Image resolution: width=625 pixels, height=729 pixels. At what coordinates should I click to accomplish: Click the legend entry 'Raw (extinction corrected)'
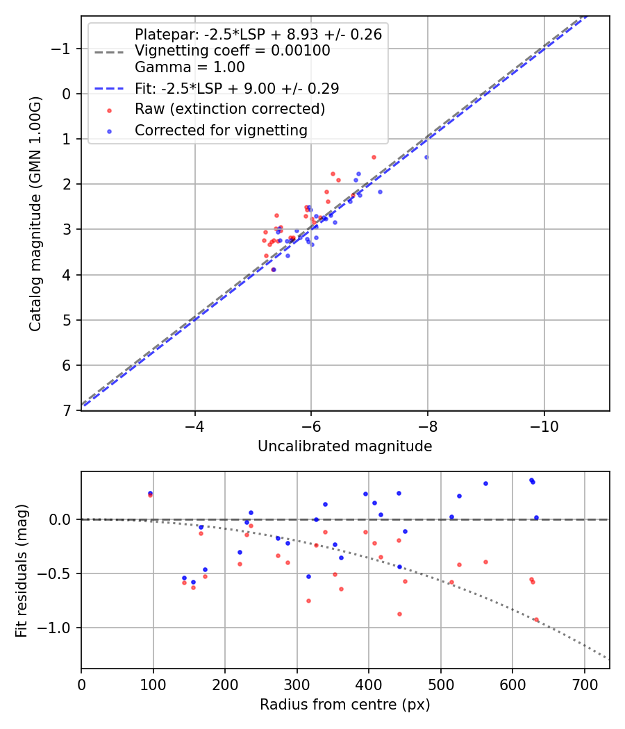[229, 109]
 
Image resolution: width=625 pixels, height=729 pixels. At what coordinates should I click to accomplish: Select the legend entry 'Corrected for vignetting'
[221, 130]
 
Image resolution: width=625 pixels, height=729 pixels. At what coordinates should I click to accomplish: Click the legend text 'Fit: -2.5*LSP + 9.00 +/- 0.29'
[236, 88]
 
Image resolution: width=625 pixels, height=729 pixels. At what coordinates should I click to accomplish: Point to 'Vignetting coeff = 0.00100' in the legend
[232, 51]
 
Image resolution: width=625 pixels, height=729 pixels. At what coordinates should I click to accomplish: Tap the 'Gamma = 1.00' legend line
[190, 67]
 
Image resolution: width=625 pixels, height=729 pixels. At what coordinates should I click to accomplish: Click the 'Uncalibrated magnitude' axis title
[344, 446]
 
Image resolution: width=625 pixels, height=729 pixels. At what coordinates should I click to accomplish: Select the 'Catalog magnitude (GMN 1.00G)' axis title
[35, 213]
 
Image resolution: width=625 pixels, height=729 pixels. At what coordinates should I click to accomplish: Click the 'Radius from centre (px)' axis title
[344, 705]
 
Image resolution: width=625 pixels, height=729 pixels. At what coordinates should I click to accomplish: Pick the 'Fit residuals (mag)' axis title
[22, 570]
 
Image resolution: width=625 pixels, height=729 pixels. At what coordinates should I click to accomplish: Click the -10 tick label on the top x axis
[544, 425]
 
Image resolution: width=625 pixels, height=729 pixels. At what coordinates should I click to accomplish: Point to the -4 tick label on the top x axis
[194, 425]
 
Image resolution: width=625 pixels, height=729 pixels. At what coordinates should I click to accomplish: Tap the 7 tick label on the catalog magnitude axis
[67, 411]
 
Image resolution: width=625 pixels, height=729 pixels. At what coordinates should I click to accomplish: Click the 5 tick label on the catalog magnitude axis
[67, 320]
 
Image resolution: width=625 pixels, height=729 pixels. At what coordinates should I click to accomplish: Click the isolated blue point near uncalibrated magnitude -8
[426, 157]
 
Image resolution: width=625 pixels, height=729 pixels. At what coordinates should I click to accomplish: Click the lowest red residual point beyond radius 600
[536, 619]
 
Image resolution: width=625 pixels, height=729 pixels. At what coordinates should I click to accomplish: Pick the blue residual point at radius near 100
[150, 493]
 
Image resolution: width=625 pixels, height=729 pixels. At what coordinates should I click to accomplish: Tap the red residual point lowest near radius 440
[399, 614]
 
